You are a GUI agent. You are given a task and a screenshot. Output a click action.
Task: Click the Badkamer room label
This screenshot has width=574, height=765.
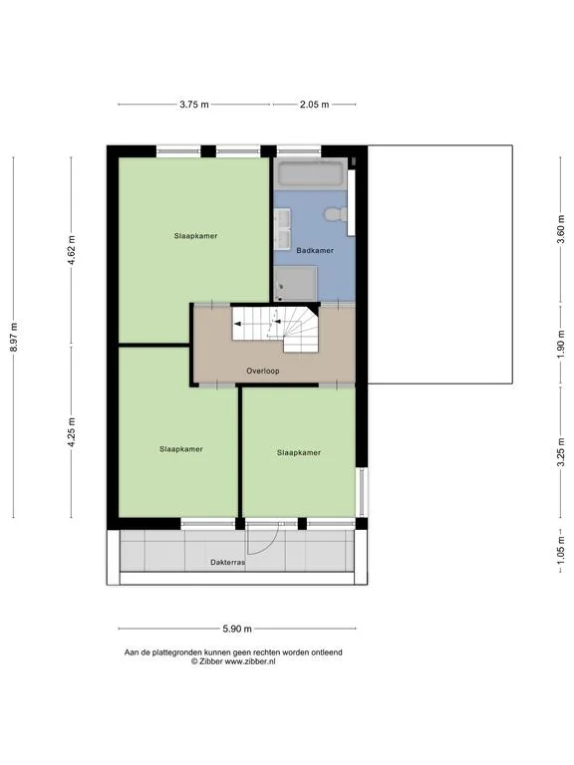click(x=315, y=250)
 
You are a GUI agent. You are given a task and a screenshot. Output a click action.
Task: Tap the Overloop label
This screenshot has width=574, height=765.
click(x=263, y=371)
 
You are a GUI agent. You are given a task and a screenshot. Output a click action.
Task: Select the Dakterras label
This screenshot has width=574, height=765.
click(x=227, y=562)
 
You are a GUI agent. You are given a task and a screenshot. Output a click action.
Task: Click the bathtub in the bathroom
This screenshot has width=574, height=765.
click(x=311, y=173)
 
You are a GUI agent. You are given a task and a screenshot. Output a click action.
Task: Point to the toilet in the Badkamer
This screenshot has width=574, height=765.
click(x=336, y=214)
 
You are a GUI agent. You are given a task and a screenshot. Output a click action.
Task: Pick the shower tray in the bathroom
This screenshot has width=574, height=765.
click(x=295, y=283)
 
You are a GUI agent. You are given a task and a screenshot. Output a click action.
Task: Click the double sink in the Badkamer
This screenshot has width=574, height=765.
click(x=282, y=229)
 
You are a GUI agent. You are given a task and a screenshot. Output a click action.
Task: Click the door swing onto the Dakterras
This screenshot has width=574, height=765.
click(x=263, y=538)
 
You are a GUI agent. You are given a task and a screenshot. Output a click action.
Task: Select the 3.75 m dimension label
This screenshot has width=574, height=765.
click(x=194, y=104)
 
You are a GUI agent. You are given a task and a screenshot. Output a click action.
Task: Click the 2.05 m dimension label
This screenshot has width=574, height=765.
click(x=314, y=104)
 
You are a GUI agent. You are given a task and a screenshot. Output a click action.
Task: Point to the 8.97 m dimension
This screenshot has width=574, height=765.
click(x=14, y=337)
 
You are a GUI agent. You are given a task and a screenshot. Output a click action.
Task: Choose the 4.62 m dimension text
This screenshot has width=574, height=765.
click(x=72, y=250)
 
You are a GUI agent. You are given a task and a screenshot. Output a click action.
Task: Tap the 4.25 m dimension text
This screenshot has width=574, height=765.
click(x=72, y=432)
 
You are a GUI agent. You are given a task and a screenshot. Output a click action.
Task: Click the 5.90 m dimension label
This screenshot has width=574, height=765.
click(x=237, y=629)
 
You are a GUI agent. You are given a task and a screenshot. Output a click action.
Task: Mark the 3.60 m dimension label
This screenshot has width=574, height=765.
click(x=561, y=230)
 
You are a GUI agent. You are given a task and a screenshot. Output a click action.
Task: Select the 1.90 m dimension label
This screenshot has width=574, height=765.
click(x=561, y=344)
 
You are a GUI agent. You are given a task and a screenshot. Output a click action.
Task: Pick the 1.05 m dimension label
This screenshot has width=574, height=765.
click(x=561, y=550)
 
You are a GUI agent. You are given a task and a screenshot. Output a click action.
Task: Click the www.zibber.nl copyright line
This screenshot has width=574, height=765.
click(x=233, y=661)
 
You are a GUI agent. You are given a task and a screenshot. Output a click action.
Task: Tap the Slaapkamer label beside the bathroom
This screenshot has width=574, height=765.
click(x=195, y=236)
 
